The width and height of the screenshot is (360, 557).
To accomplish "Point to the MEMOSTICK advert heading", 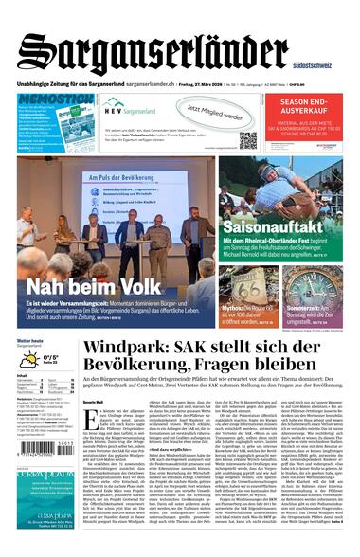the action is [x=55, y=99].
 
